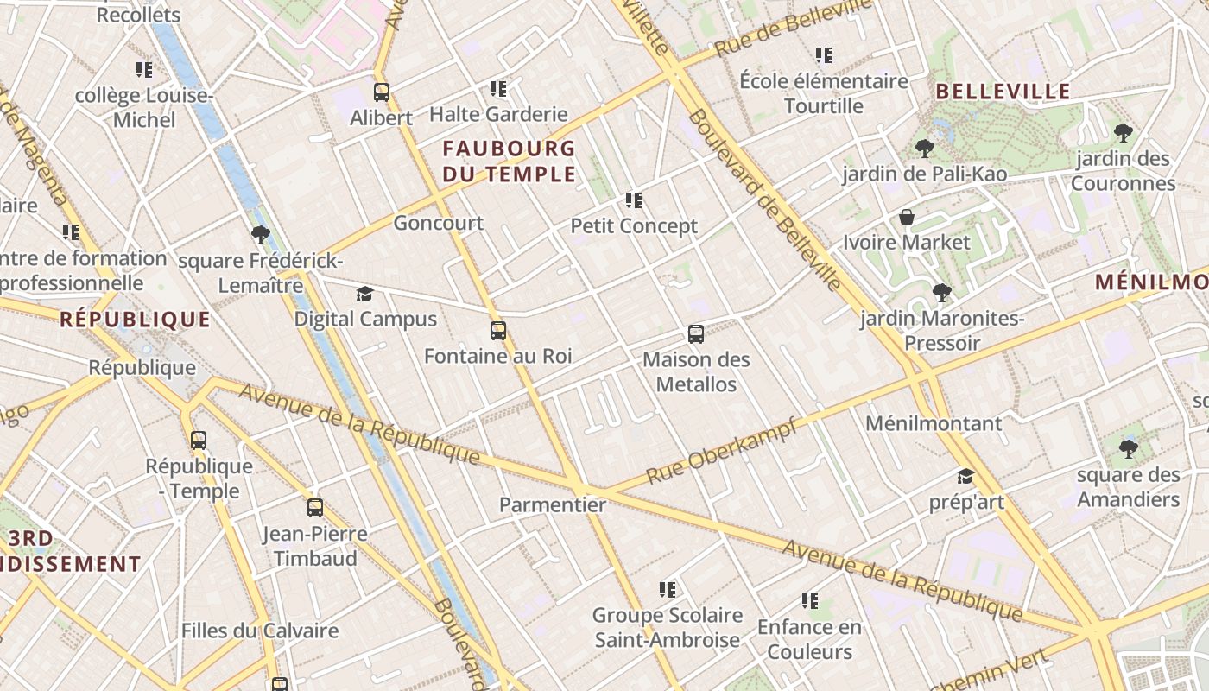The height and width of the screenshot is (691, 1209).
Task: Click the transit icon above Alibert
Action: (x=382, y=92)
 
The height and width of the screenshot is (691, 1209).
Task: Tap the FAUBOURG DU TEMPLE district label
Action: (x=509, y=162)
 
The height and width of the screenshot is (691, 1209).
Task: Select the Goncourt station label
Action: (x=438, y=223)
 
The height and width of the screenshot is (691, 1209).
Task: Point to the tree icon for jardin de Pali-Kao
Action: (x=925, y=149)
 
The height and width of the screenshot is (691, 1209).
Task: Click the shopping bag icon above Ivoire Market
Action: (x=907, y=216)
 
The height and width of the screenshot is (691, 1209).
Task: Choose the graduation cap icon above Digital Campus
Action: (x=365, y=294)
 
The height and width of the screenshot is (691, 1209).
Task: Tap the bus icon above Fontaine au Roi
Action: (x=498, y=330)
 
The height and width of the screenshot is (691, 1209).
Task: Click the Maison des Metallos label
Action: (x=696, y=371)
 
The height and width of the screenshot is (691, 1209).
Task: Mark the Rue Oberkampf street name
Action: (x=722, y=450)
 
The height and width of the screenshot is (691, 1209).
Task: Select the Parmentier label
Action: (x=553, y=505)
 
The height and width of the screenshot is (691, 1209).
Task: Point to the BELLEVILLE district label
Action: (x=1003, y=92)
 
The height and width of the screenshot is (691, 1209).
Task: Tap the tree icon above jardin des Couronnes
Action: (x=1123, y=133)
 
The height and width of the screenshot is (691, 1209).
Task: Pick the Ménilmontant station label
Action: (x=934, y=423)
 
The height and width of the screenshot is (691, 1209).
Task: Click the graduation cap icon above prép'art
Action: (x=965, y=477)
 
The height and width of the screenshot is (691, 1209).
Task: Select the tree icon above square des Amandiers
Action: (x=1128, y=448)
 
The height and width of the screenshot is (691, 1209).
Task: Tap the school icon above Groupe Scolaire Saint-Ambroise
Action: (x=667, y=590)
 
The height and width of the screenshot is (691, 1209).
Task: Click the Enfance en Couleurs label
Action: (x=809, y=639)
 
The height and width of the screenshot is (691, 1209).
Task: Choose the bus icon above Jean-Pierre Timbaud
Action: (x=315, y=508)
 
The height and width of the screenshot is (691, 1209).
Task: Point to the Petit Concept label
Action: (x=634, y=226)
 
